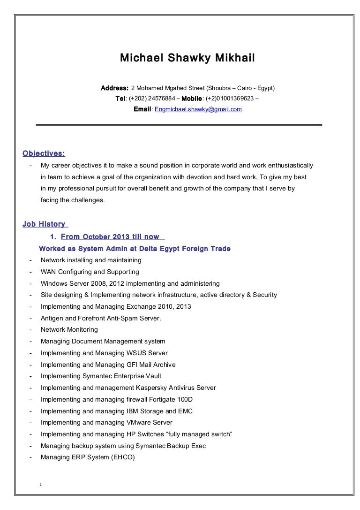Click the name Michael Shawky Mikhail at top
coord(187,59)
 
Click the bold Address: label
coord(115,88)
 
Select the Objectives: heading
coord(44,153)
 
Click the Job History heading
coord(44,225)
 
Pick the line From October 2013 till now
coord(110,237)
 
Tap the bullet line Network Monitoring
coord(69,330)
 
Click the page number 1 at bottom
coord(41,485)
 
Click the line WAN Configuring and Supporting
coord(90,272)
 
